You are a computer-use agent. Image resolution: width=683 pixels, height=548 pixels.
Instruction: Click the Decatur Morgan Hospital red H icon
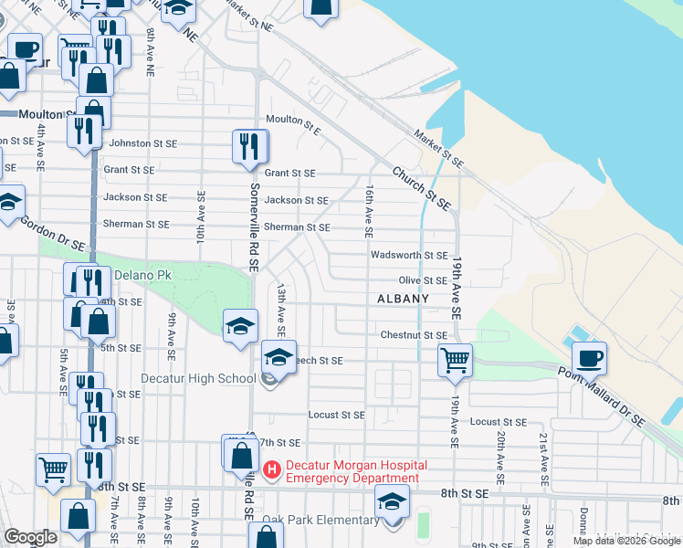pyautogui.click(x=272, y=470)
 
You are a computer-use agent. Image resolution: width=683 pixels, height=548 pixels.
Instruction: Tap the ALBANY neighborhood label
pyautogui.click(x=403, y=300)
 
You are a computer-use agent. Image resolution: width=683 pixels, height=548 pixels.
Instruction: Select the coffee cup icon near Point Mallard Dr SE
pyautogui.click(x=589, y=358)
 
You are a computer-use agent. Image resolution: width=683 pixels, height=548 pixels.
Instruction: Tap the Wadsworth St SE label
pyautogui.click(x=410, y=257)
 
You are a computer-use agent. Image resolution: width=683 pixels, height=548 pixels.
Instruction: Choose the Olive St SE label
pyautogui.click(x=422, y=281)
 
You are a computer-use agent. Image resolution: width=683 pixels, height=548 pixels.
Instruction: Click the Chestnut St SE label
pyautogui.click(x=414, y=336)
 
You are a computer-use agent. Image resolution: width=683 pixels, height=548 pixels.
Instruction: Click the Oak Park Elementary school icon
pyautogui.click(x=393, y=504)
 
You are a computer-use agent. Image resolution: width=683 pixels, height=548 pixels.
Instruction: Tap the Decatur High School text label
pyautogui.click(x=198, y=379)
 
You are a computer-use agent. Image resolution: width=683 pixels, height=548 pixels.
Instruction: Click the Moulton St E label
pyautogui.click(x=294, y=121)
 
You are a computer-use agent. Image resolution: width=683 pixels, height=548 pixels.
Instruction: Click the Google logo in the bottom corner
pyautogui.click(x=30, y=537)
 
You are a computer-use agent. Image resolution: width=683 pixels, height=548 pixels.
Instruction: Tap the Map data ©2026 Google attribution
pyautogui.click(x=626, y=542)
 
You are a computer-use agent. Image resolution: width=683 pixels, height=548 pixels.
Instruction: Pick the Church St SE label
pyautogui.click(x=423, y=185)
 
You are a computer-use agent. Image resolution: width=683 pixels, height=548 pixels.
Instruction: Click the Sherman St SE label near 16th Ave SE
pyautogui.click(x=297, y=227)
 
